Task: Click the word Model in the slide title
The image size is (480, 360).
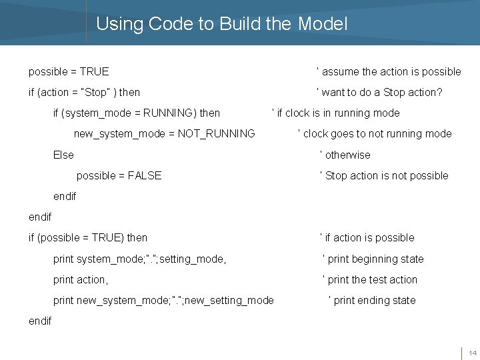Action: (323, 24)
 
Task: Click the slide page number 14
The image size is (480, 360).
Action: (472, 353)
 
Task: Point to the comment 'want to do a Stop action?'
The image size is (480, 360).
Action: (379, 92)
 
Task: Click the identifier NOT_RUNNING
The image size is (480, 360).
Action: (217, 133)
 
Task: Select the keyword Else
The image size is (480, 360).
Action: (63, 155)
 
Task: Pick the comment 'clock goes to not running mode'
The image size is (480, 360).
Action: (375, 133)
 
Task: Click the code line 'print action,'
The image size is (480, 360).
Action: (81, 279)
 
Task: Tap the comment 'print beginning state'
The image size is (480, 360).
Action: (373, 259)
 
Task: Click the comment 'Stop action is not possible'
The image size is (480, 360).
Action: (385, 175)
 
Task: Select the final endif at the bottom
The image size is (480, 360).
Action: (40, 321)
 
